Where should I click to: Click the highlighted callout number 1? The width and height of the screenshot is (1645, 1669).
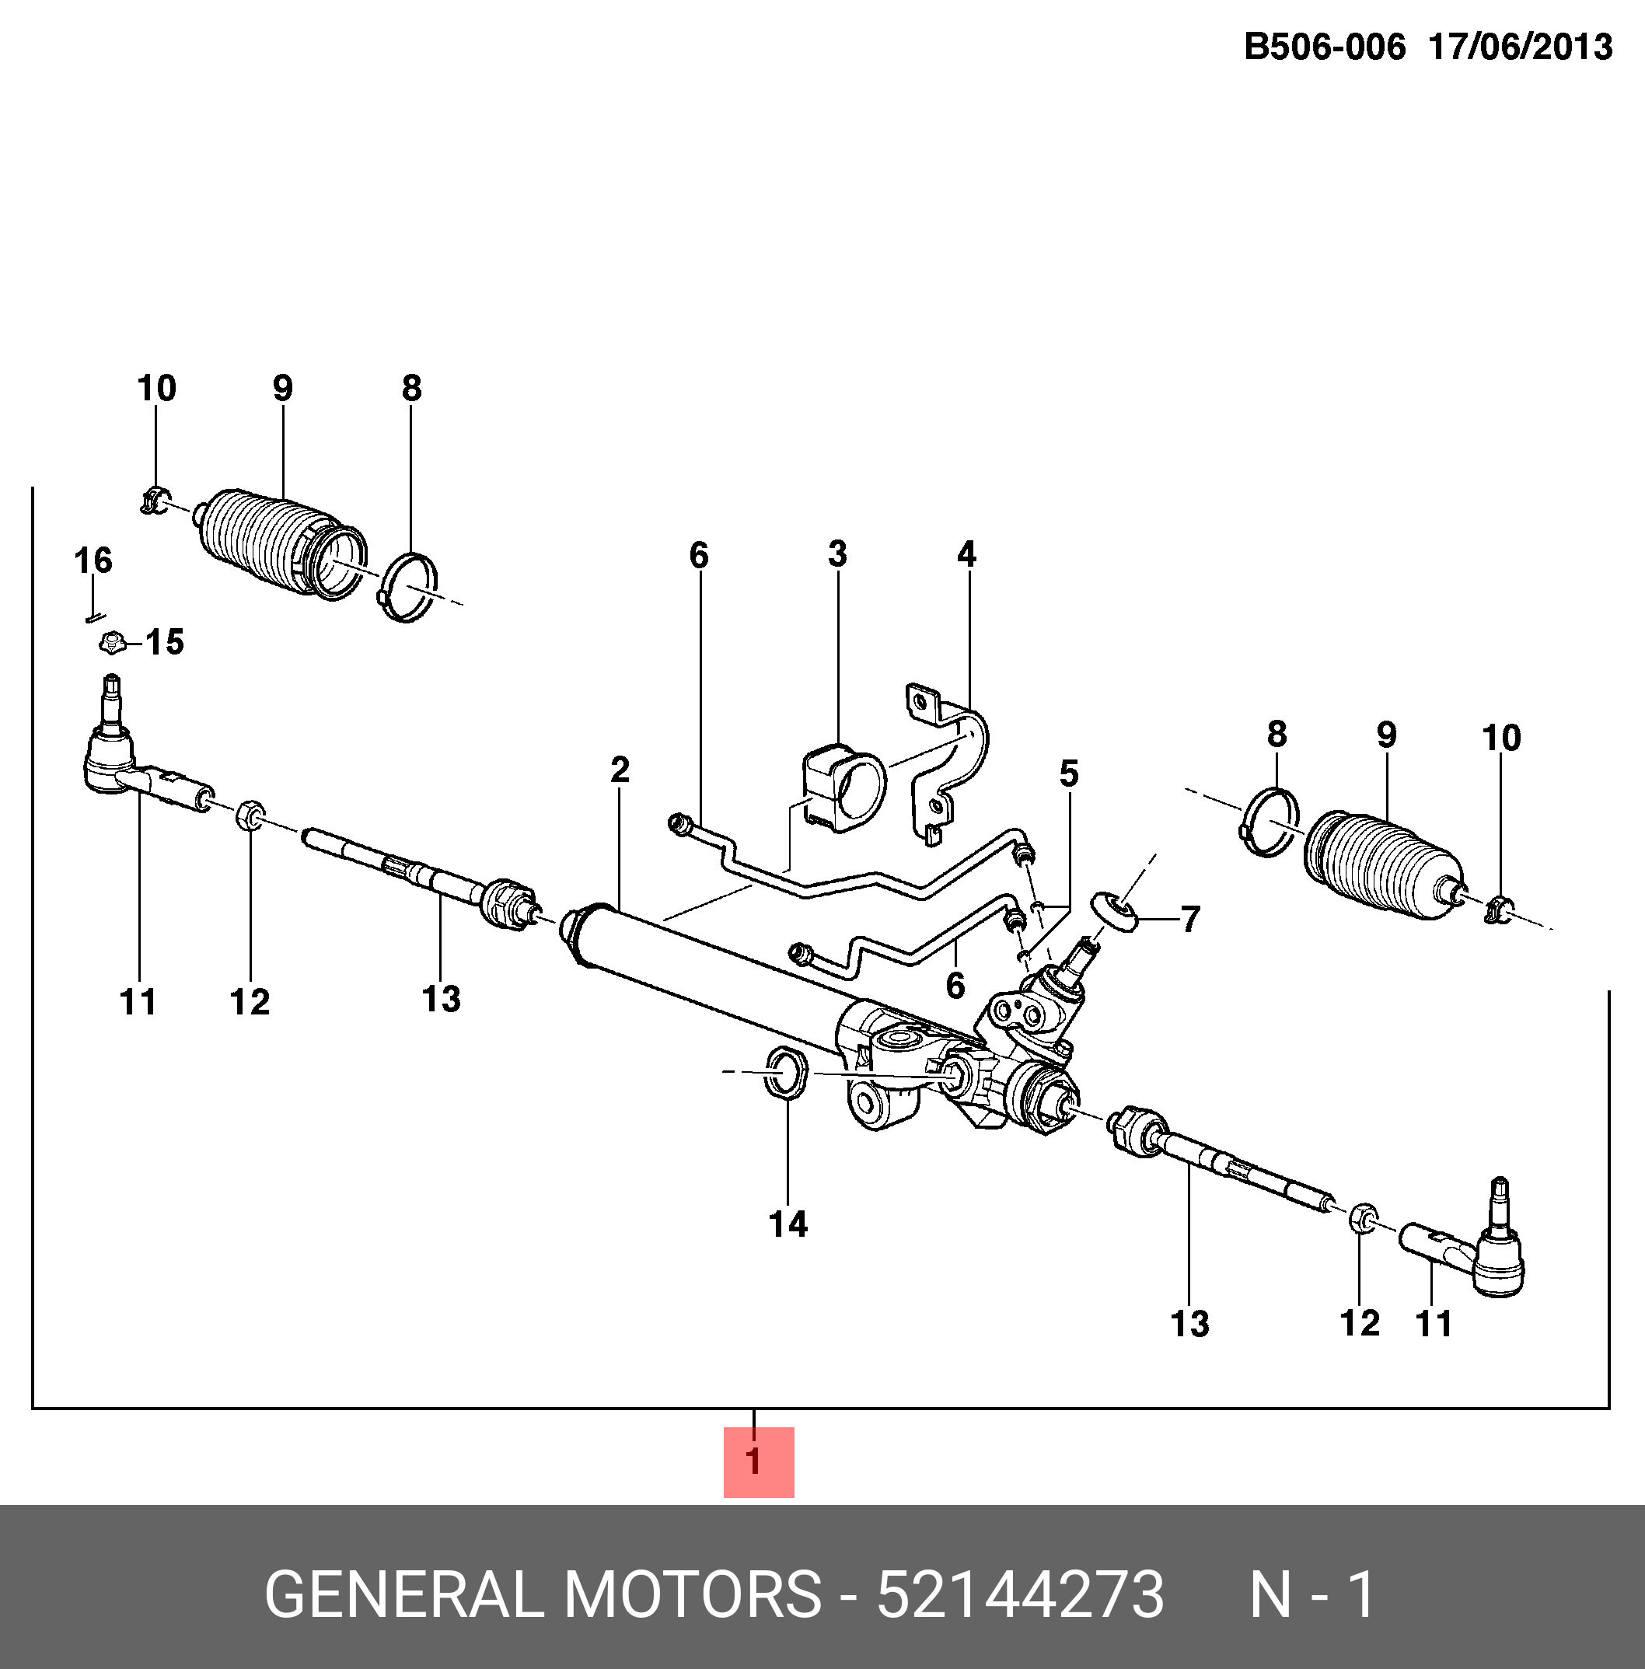tap(758, 1461)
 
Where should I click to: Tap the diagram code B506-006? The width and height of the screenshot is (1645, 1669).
tap(1325, 47)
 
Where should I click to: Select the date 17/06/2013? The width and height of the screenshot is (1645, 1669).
tap(1521, 47)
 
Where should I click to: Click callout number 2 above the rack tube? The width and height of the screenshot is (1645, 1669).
tap(620, 770)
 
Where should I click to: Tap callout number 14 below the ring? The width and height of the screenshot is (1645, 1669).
tap(788, 1224)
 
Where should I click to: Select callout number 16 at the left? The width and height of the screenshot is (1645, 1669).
tap(93, 560)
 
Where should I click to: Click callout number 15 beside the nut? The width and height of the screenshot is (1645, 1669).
tap(164, 643)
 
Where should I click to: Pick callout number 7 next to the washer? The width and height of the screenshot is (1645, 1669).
tap(1190, 919)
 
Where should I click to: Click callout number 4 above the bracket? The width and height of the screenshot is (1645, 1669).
tap(966, 553)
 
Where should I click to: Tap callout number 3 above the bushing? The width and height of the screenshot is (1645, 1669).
tap(837, 553)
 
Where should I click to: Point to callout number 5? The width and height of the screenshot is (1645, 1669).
tap(1069, 773)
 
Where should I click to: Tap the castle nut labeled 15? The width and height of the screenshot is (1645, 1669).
tap(110, 642)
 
